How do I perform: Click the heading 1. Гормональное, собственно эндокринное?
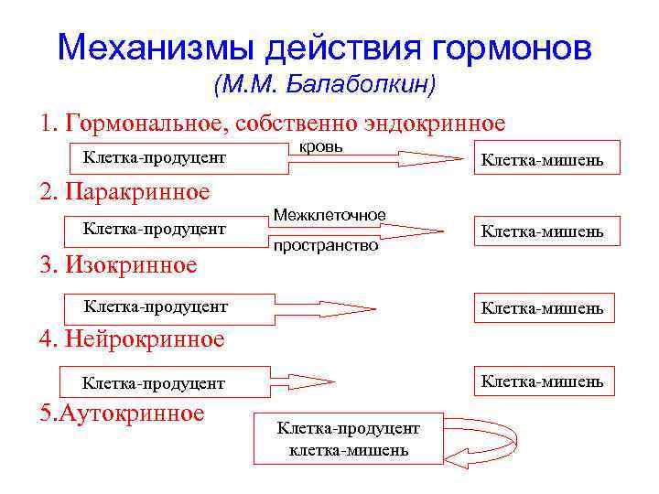(x=273, y=123)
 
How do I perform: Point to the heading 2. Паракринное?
(x=124, y=192)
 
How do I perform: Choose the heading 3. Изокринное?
(x=118, y=265)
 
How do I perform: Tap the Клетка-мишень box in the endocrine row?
(x=543, y=161)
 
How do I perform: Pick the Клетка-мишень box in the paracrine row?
(x=543, y=231)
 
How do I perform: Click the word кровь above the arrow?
(x=321, y=146)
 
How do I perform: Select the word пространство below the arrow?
(x=325, y=246)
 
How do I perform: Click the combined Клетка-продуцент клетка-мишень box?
(x=349, y=439)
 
